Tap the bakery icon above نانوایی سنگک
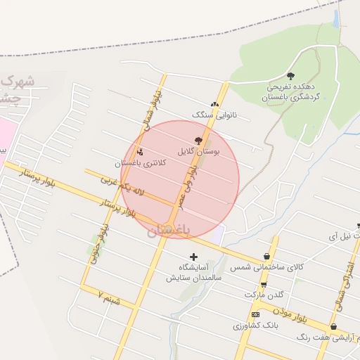tap(214, 104)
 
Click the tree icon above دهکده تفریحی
tap(291, 76)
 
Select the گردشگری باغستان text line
tap(290, 96)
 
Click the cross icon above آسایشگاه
tap(193, 257)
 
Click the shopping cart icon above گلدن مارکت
tap(264, 285)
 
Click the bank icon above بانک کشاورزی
tap(255, 314)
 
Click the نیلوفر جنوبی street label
tap(99, 243)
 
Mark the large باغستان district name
tap(169, 230)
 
